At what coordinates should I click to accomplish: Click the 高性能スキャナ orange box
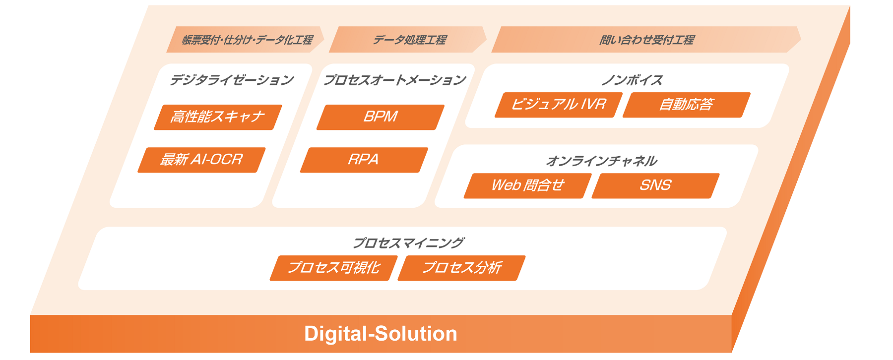[x=218, y=117]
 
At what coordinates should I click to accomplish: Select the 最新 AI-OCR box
[x=201, y=160]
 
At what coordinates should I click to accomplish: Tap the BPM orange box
[x=381, y=117]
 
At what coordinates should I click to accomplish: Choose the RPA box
[x=364, y=160]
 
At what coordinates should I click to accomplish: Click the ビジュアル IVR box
[x=559, y=105]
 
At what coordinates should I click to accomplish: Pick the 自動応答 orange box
[x=687, y=105]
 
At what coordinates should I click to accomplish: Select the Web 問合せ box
[x=528, y=185]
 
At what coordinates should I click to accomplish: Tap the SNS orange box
[x=656, y=185]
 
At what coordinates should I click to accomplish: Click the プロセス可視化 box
[x=334, y=268]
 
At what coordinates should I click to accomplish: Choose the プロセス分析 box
[x=462, y=268]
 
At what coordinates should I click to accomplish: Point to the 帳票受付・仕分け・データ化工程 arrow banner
[x=246, y=40]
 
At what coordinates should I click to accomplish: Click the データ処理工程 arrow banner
[x=408, y=40]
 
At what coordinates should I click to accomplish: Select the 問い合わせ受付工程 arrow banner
[x=646, y=40]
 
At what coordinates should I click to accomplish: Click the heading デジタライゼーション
[x=232, y=80]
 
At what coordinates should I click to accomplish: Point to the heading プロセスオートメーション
[x=395, y=80]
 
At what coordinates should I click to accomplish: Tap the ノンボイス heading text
[x=632, y=80]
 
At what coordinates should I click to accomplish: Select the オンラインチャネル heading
[x=601, y=161]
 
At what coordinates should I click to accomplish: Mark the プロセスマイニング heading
[x=408, y=243]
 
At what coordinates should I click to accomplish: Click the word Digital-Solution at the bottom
[x=381, y=334]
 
